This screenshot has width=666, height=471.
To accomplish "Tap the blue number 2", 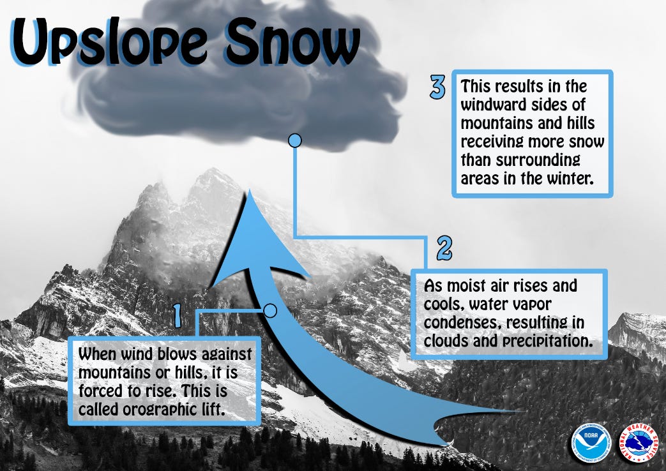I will (x=444, y=248).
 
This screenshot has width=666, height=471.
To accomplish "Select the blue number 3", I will (x=437, y=87).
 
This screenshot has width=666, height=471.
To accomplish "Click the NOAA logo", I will (x=591, y=441).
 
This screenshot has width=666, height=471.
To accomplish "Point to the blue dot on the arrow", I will (x=270, y=310).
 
